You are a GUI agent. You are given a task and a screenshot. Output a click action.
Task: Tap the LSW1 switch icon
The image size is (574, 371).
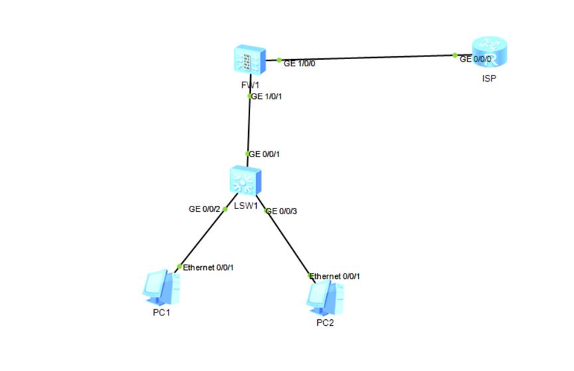246,181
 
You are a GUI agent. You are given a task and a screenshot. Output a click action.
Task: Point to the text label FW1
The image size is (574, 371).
250,86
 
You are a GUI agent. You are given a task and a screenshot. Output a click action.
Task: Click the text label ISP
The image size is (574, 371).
489,78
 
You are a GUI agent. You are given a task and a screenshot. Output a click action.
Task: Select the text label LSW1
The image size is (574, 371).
246,206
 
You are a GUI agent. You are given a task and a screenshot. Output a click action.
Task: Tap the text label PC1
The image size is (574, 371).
161,313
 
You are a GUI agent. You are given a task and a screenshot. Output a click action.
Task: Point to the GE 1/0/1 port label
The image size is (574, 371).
270,96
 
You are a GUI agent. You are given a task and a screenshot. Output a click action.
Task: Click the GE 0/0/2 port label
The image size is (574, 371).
204,209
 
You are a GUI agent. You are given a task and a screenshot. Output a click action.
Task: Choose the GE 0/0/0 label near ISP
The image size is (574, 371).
476,58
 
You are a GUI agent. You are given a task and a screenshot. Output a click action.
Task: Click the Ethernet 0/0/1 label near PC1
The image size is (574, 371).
208,267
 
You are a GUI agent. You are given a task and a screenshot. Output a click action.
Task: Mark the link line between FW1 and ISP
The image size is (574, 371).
365,57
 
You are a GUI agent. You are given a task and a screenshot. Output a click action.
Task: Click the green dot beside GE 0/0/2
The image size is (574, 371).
225,209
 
